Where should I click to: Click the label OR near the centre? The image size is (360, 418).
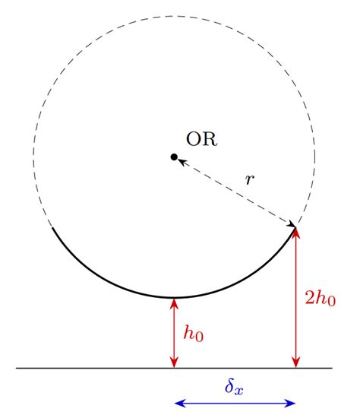pyautogui.click(x=201, y=139)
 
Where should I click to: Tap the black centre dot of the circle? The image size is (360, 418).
pyautogui.click(x=174, y=157)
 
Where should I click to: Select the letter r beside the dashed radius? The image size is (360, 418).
pyautogui.click(x=249, y=180)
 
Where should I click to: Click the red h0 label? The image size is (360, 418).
pyautogui.click(x=194, y=333)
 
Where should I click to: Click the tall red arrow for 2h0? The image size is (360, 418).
pyautogui.click(x=296, y=304)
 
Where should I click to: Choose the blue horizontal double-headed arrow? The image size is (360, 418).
pyautogui.click(x=235, y=403)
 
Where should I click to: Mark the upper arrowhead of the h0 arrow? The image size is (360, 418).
pyautogui.click(x=174, y=302)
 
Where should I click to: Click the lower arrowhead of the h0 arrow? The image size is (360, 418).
pyautogui.click(x=174, y=363)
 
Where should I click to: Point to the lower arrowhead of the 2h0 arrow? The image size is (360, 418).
pyautogui.click(x=296, y=363)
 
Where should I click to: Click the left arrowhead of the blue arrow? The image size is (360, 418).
pyautogui.click(x=178, y=403)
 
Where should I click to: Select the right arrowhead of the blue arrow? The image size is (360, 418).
pyautogui.click(x=292, y=403)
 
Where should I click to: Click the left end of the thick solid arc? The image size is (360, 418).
pyautogui.click(x=51, y=227)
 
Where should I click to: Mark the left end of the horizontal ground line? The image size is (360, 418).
pyautogui.click(x=17, y=368)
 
